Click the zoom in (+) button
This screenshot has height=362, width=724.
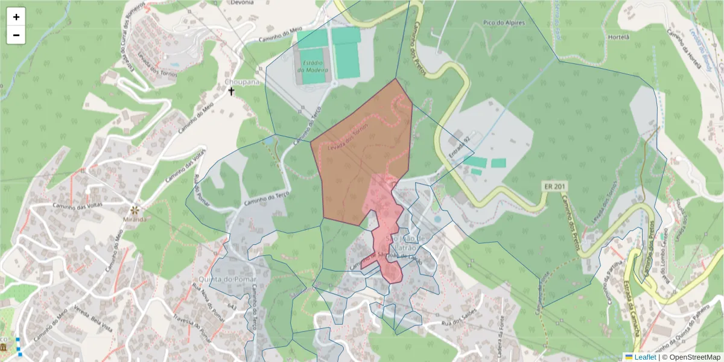point(16,17)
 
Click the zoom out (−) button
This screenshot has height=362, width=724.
point(16,35)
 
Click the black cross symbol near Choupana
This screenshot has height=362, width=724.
point(230,92)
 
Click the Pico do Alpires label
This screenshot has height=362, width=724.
point(504,23)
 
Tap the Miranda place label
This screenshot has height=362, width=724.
point(135,219)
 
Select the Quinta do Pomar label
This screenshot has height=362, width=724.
point(226,280)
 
